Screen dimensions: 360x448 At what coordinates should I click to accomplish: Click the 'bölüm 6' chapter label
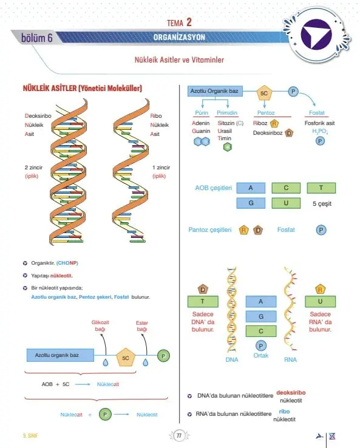(x=37, y=38)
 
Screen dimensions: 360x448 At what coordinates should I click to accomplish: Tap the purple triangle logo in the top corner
(x=315, y=34)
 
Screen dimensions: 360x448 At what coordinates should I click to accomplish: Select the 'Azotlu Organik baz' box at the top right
(x=215, y=91)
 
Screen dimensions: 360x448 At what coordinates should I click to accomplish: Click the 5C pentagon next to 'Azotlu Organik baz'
(x=264, y=93)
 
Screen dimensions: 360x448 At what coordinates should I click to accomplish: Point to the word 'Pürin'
(x=202, y=112)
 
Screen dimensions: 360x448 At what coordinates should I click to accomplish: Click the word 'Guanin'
(x=201, y=131)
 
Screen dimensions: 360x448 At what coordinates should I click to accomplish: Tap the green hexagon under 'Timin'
(x=228, y=147)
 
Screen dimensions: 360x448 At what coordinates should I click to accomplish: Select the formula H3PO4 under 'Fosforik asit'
(x=320, y=131)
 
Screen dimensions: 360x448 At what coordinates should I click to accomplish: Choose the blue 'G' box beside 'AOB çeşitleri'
(x=251, y=203)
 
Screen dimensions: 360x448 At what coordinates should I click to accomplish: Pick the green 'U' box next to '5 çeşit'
(x=286, y=203)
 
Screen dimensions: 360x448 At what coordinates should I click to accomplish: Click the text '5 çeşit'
(x=322, y=204)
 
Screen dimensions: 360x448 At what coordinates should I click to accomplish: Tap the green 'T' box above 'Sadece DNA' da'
(x=203, y=302)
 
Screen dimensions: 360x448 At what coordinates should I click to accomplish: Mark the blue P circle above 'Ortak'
(x=260, y=346)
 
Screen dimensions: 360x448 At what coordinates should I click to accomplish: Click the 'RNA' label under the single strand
(x=290, y=360)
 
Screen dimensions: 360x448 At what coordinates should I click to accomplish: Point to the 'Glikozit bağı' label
(x=100, y=326)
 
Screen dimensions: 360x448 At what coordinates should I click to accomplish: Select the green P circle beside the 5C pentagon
(x=163, y=356)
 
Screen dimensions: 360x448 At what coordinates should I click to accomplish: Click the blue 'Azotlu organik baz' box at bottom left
(x=60, y=355)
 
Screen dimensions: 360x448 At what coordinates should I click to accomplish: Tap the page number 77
(x=179, y=436)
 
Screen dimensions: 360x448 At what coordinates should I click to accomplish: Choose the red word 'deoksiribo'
(x=291, y=393)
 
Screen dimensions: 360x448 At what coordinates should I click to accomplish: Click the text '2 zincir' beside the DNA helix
(x=33, y=168)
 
